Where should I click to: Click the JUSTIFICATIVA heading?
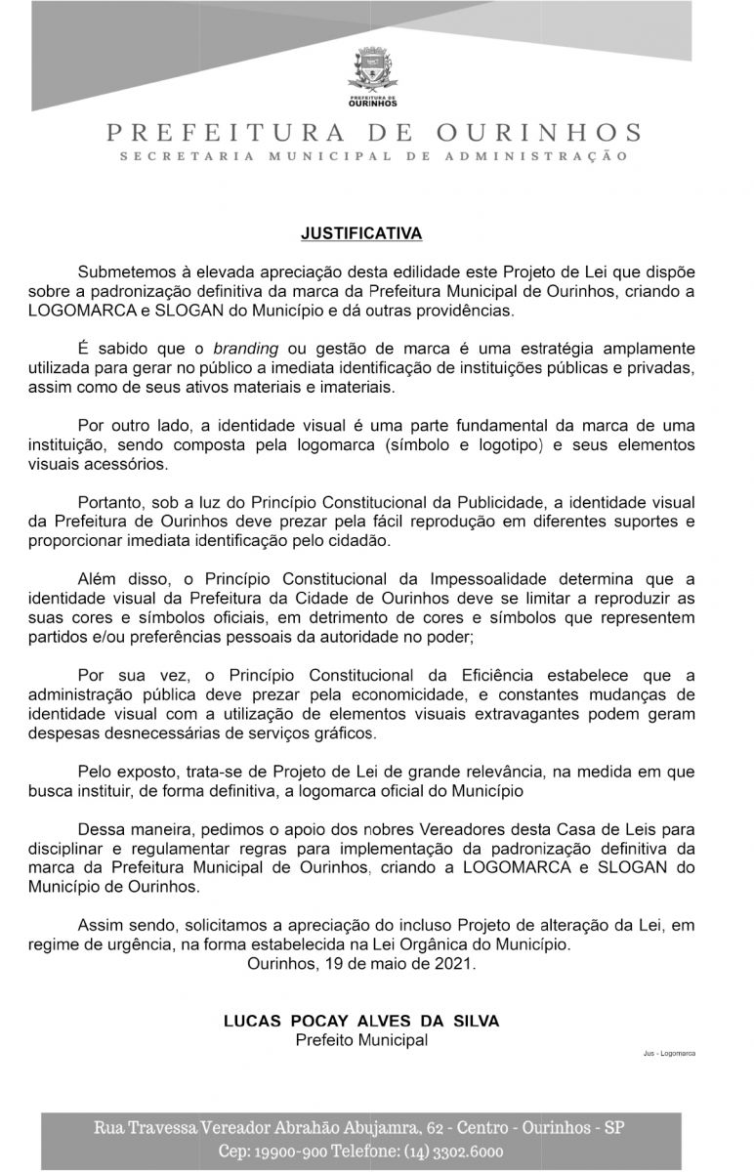[x=361, y=234]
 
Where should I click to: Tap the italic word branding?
[x=246, y=349]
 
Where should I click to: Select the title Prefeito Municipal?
[x=361, y=1040]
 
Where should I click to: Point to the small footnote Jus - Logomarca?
[x=669, y=1055]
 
